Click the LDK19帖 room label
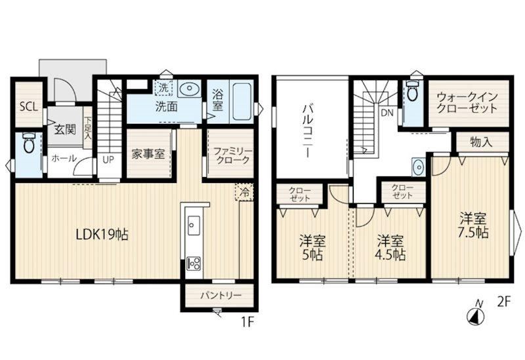pyautogui.click(x=102, y=235)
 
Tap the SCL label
pyautogui.click(x=29, y=108)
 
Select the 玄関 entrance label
pyautogui.click(x=65, y=129)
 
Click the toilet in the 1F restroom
pyautogui.click(x=28, y=142)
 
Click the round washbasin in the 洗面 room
pyautogui.click(x=188, y=89)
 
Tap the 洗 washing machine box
pyautogui.click(x=163, y=88)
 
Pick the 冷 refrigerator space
pyautogui.click(x=245, y=192)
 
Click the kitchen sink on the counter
pyautogui.click(x=194, y=225)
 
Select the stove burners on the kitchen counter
pyautogui.click(x=194, y=263)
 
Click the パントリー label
pyautogui.click(x=221, y=296)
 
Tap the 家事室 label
pyautogui.click(x=148, y=154)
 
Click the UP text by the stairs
pyautogui.click(x=108, y=159)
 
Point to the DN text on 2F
pyautogui.click(x=387, y=113)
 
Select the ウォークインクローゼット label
pyautogui.click(x=467, y=103)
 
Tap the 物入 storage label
pyautogui.click(x=481, y=142)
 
